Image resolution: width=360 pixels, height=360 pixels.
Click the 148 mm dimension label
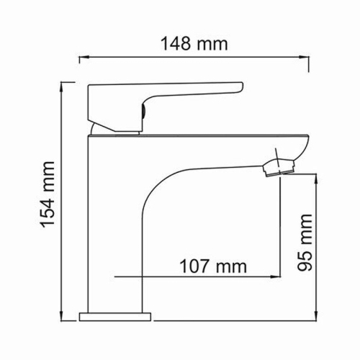coord(194,43)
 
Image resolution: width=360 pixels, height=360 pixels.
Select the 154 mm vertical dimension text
coord(48,197)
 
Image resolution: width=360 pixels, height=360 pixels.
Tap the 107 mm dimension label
coord(211,266)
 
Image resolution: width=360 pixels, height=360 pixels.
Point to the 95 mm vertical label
coord(305,241)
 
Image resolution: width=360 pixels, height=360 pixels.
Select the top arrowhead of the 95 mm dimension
coord(317,177)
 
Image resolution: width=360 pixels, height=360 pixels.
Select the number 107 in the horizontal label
coord(194,266)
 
